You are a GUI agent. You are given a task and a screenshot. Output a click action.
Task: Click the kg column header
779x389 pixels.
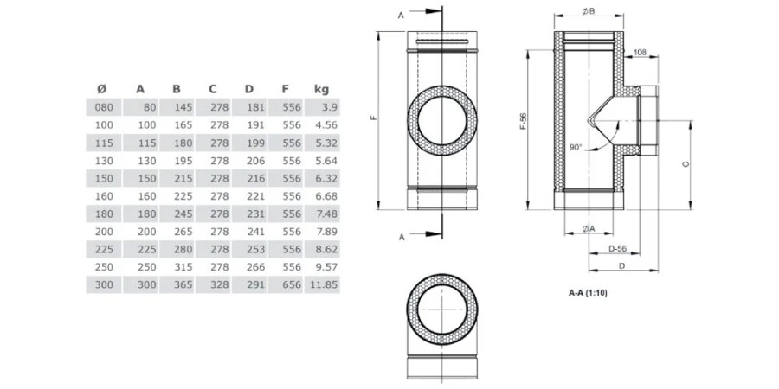[x=321, y=89]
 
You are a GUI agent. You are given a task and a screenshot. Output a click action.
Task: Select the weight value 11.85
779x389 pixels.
[x=322, y=284]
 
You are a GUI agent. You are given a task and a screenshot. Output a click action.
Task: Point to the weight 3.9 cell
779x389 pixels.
[x=327, y=107]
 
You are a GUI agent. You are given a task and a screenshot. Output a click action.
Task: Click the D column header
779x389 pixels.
[x=249, y=89]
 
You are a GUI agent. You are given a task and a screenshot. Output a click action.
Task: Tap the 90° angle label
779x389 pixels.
[x=576, y=147]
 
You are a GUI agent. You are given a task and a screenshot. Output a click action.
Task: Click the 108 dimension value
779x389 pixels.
[x=641, y=54]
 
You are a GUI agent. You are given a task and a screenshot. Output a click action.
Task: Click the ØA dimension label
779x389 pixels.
[x=589, y=227]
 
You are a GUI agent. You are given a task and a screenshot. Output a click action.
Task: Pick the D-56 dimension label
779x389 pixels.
[x=617, y=248]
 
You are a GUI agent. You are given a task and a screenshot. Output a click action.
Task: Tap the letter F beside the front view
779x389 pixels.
[x=373, y=119]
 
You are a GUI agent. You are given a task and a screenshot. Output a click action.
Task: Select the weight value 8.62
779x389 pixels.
[x=324, y=249]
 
